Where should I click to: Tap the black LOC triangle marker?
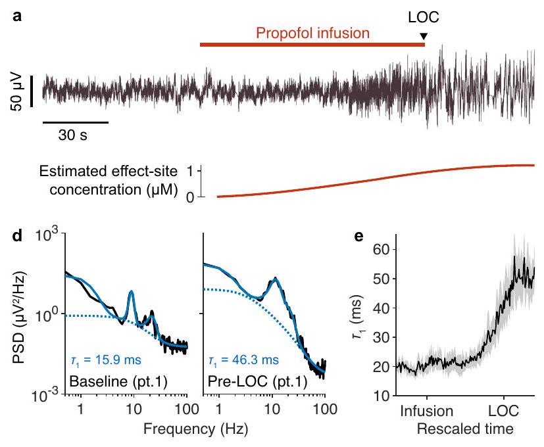(x=424, y=36)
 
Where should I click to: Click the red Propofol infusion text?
(x=313, y=32)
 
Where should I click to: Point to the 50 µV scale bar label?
(x=18, y=91)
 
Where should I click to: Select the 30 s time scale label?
(x=69, y=136)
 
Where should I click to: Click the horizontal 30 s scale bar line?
(x=75, y=122)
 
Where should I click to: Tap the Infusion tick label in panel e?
(x=427, y=412)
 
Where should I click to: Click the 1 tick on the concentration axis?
(x=191, y=171)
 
